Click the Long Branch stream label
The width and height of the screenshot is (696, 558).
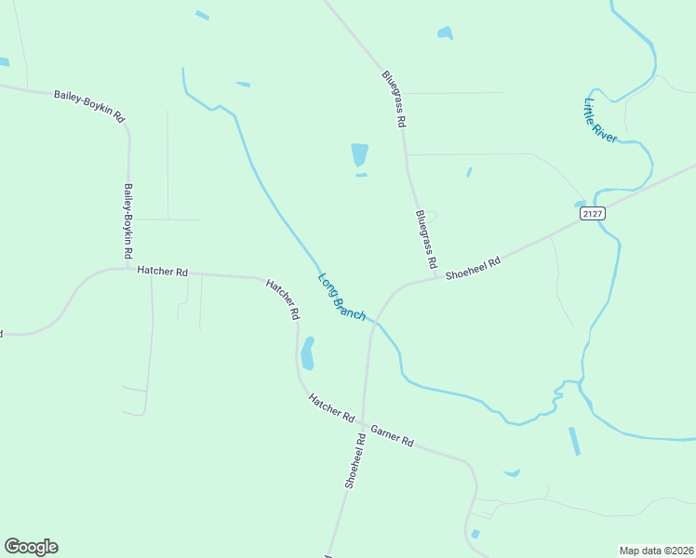[341, 297]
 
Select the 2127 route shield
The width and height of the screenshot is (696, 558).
[592, 213]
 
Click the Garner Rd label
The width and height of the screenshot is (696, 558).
[392, 435]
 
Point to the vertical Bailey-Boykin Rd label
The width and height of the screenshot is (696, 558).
[128, 220]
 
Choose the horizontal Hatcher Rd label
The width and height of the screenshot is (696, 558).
[163, 272]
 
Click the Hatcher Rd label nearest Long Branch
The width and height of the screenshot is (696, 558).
[282, 299]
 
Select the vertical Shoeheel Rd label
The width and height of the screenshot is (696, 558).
[355, 460]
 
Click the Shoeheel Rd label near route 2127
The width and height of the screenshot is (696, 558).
[473, 269]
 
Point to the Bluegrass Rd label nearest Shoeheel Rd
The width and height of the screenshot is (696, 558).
[426, 240]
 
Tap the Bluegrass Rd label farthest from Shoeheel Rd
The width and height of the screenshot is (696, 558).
[395, 99]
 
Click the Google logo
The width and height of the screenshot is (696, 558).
[31, 547]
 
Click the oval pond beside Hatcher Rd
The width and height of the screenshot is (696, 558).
[307, 353]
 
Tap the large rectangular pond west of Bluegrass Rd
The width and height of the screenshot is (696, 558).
[359, 154]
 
